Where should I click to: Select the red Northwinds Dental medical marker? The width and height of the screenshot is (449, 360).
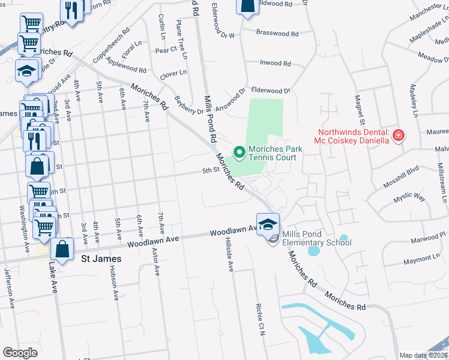pyautogui.click(x=397, y=137)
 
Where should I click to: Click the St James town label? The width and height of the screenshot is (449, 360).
pyautogui.click(x=101, y=259)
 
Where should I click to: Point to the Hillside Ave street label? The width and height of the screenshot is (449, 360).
pyautogui.click(x=230, y=254)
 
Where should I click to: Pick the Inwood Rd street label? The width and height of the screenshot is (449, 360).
pyautogui.click(x=275, y=63)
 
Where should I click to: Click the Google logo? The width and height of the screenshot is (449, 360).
pyautogui.click(x=20, y=353)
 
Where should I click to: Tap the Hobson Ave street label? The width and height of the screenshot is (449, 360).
pyautogui.click(x=112, y=282)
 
